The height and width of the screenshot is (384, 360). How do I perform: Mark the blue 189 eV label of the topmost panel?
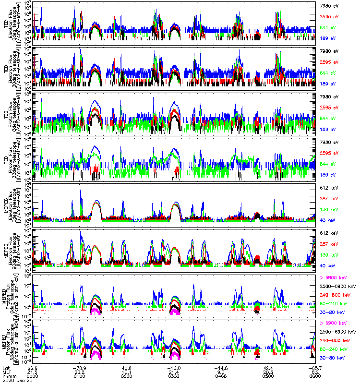coord(326,37)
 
